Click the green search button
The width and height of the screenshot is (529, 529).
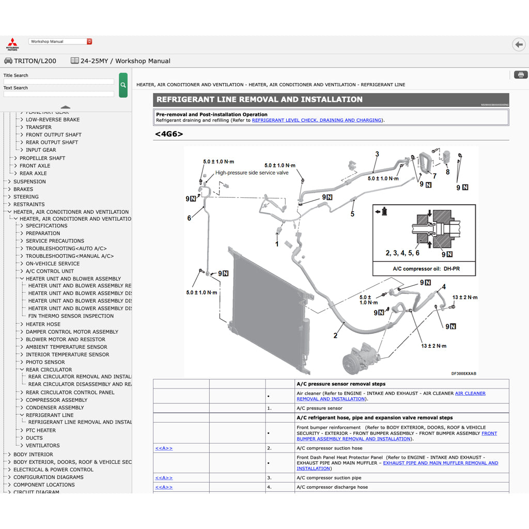click(x=123, y=85)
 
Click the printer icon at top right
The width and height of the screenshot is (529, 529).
click(x=521, y=75)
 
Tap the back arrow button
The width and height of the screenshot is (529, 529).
click(x=519, y=45)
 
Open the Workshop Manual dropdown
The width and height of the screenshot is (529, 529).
click(x=60, y=41)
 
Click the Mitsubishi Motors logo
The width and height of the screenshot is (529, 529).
click(x=12, y=44)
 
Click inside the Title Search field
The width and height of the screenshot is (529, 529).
click(x=58, y=82)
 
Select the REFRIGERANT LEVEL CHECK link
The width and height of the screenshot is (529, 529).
click(x=317, y=120)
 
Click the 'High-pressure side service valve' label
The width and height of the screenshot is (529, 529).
click(x=252, y=173)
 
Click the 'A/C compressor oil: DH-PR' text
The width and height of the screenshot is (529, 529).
click(x=424, y=269)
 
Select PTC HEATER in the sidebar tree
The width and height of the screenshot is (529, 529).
click(x=41, y=430)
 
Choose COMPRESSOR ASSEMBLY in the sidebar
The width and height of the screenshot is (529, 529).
click(x=56, y=400)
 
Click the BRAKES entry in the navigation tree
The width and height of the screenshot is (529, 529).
click(x=23, y=189)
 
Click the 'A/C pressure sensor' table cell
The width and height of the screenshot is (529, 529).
click(x=319, y=408)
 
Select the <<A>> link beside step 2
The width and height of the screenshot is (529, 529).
click(x=164, y=448)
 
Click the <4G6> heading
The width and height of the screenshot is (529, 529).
click(x=168, y=134)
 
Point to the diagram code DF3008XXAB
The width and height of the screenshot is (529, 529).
click(x=463, y=374)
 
